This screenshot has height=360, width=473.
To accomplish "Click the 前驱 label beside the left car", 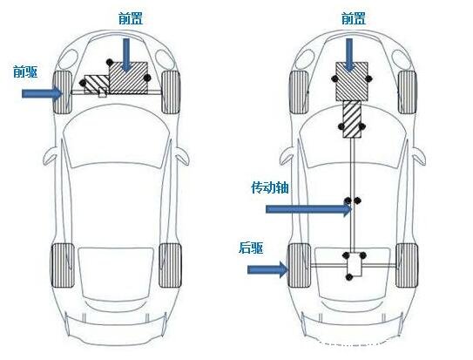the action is point(25,72).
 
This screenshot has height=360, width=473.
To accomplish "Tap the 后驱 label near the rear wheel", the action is point(251,248).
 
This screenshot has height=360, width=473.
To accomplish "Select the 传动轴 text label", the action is point(270,187).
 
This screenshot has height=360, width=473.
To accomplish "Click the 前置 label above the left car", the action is point(131,18).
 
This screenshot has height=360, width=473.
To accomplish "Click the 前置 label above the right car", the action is point(354,18).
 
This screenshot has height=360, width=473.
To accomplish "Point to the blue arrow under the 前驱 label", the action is point(42,93).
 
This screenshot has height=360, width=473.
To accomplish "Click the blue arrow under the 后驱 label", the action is point(267,269).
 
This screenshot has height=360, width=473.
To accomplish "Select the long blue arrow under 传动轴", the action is point(308,209).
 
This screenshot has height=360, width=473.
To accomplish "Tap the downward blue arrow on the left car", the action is point(126,56).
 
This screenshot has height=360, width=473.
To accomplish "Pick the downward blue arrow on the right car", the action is point(349,56).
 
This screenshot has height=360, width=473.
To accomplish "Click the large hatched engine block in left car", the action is point(128,78).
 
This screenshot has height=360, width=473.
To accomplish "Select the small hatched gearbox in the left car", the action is point(97,84).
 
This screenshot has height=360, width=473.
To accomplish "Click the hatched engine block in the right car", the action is point(352,81).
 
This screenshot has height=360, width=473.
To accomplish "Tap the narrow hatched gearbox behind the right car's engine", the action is point(352,119).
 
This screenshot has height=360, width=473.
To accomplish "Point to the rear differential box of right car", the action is point(355,264).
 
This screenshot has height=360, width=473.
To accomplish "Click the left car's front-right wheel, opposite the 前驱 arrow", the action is point(171,92).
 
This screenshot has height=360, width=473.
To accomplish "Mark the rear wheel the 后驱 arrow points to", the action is point(299,265).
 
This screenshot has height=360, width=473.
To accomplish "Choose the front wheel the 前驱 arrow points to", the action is point(63,92).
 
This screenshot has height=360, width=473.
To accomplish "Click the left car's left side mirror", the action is point(50,155).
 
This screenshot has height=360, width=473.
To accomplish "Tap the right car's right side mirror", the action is point(420,156).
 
